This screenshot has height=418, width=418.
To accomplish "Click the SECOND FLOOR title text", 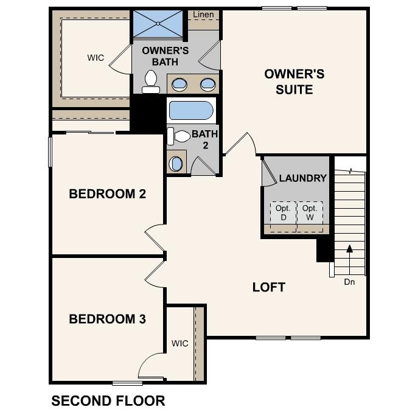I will coord(108,401).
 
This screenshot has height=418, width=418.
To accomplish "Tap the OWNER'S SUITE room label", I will coord(294,82).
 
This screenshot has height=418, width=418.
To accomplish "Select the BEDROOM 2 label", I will coord(107,194).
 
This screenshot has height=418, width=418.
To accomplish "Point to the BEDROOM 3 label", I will coord(107,319).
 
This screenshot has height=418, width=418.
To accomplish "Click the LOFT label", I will coord(269,287).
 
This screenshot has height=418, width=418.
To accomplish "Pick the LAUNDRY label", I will coord(303,178).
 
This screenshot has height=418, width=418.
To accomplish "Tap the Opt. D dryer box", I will coord(283,212).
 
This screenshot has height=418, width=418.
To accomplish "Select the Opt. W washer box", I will coord(310,212).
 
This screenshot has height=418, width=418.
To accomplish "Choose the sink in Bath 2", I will coord(176,163).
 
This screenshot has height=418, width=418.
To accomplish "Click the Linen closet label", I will coord(203,14).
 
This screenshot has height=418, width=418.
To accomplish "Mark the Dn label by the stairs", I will coord(349,282).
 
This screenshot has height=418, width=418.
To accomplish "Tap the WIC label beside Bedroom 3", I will coord(179,343).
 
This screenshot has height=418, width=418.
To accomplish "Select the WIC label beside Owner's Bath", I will coord(96,58).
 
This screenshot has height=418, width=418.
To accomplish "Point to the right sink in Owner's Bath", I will coord(207,84).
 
